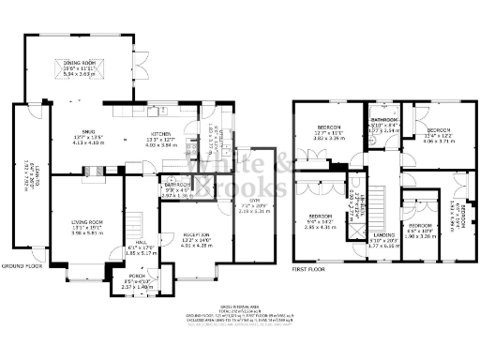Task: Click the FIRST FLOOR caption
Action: (311, 268)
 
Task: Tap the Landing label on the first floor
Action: (383, 234)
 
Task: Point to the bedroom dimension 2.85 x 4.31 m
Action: (322, 227)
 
